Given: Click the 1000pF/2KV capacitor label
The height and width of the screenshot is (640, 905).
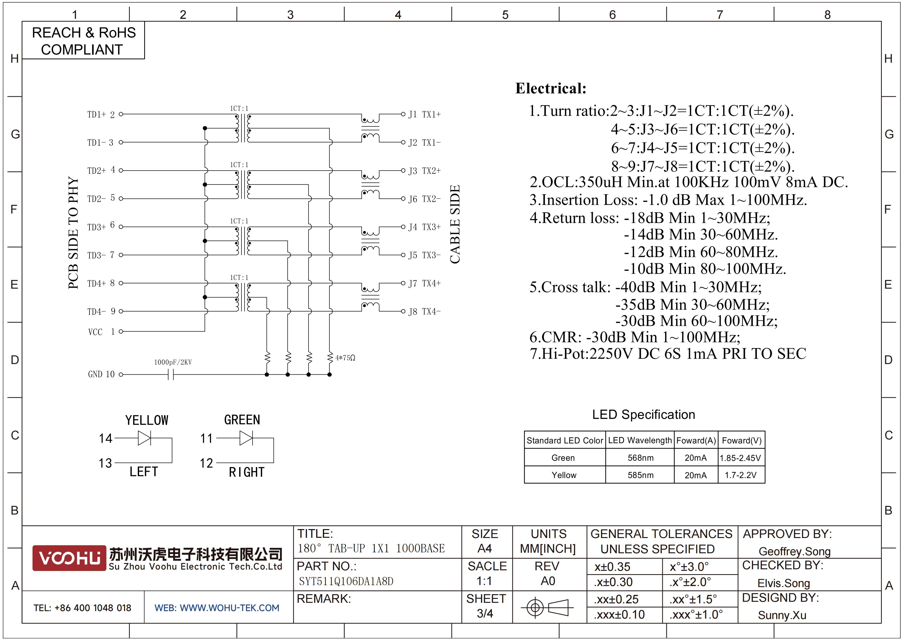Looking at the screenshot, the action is click(x=173, y=362).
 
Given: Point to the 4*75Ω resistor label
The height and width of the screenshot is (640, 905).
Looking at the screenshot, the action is click(x=345, y=358).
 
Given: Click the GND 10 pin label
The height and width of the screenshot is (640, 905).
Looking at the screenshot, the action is click(x=101, y=374).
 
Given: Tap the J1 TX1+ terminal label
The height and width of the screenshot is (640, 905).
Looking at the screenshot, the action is click(x=425, y=114).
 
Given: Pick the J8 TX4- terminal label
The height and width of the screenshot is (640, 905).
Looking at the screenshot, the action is click(x=425, y=312).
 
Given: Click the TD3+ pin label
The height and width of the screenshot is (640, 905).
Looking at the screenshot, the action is click(x=96, y=227).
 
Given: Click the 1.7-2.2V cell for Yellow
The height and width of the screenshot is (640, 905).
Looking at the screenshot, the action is click(x=741, y=475).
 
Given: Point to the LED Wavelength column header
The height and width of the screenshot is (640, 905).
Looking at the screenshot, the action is click(x=640, y=440).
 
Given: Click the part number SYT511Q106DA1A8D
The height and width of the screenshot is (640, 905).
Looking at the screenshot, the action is click(x=346, y=581).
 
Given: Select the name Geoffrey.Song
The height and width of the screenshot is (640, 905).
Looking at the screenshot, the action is click(x=795, y=551).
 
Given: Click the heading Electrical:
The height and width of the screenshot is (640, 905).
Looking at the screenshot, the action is click(x=551, y=88).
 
